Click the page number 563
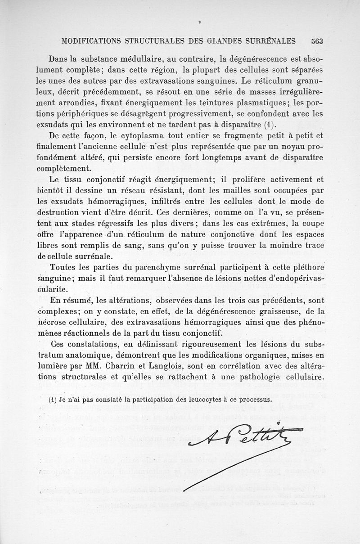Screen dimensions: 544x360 [317, 40]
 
